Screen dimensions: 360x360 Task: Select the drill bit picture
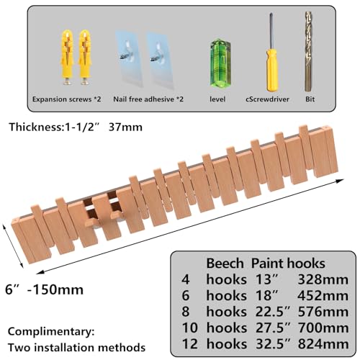309,52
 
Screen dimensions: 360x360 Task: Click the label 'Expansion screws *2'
67,99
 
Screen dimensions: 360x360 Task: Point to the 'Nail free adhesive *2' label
148,99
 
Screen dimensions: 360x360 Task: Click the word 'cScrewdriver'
267,99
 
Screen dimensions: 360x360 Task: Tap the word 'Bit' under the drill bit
310,99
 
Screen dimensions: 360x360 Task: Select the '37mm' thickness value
125,127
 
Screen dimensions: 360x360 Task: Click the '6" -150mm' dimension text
45,289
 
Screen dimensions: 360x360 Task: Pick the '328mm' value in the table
323,279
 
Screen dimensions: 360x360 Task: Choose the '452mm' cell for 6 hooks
323,295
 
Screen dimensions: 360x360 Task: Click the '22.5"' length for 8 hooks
273,312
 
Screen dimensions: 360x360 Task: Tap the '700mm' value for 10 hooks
323,328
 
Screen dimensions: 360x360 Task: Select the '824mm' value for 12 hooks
323,343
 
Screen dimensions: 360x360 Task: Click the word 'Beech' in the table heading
225,264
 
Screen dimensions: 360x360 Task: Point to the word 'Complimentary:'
51,332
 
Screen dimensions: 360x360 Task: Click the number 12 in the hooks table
190,343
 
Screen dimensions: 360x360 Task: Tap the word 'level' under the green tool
217,99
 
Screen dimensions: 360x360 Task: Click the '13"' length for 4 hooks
266,279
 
